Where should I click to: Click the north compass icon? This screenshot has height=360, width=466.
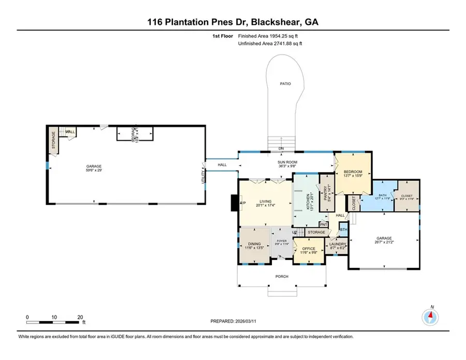(430, 315)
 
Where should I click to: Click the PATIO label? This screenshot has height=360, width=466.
(283, 83)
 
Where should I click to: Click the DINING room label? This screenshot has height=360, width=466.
(254, 244)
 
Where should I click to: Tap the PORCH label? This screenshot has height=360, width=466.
(282, 276)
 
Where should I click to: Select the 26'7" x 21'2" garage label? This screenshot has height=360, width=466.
(384, 240)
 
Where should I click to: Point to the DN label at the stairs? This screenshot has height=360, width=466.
(281, 149)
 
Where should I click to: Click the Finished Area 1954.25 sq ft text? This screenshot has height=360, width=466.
(269, 36)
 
